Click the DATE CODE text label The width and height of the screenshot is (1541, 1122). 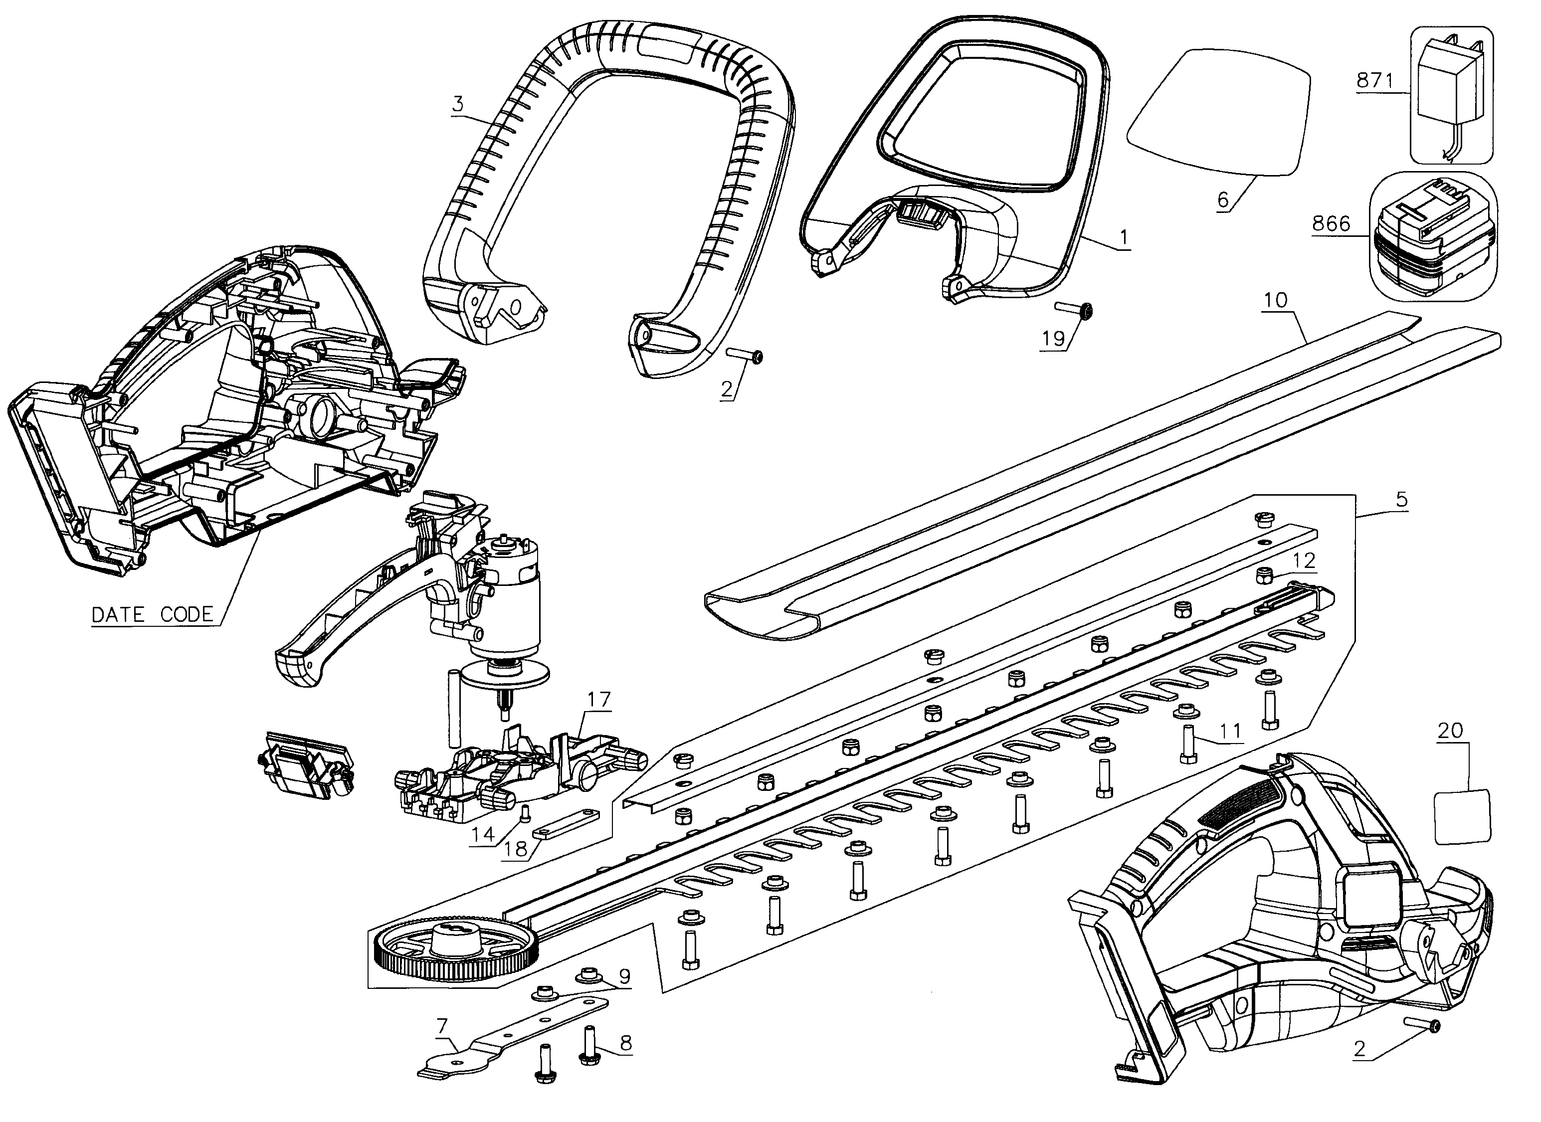pyautogui.click(x=152, y=614)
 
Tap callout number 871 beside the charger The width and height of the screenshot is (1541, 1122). pyautogui.click(x=1374, y=81)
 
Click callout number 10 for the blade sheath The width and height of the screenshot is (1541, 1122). pyautogui.click(x=1275, y=300)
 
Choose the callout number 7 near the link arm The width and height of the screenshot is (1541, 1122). pyautogui.click(x=442, y=1025)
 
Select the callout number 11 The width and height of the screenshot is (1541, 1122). pyautogui.click(x=1230, y=731)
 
